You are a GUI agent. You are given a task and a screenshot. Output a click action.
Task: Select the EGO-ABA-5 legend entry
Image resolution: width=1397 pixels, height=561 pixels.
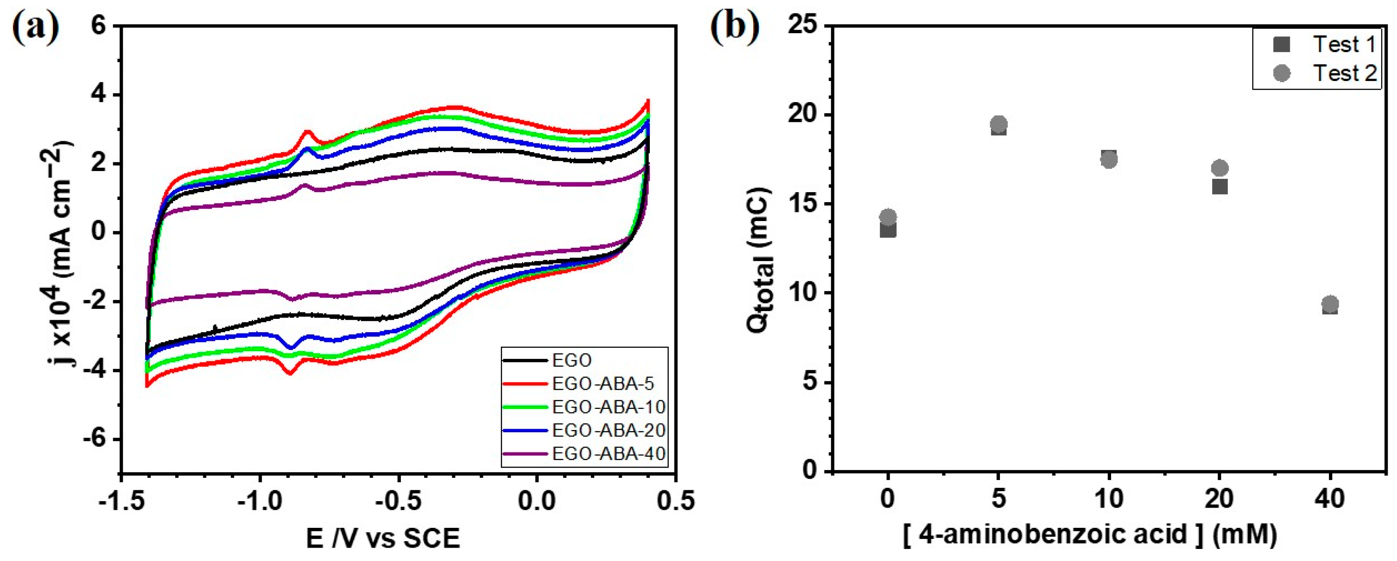602,383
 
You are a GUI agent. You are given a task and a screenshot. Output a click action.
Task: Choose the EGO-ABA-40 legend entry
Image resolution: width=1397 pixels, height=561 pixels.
607,454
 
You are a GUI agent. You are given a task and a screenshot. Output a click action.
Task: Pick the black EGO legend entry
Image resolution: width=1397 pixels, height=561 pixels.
571,360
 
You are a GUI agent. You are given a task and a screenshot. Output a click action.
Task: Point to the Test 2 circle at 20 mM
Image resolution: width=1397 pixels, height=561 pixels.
1220,168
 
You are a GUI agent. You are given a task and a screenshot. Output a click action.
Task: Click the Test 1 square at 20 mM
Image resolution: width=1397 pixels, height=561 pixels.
1220,186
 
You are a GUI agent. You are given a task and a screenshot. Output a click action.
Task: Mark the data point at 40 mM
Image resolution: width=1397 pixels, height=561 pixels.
1330,304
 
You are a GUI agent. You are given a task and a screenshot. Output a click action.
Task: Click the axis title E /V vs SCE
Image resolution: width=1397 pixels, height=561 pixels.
382,538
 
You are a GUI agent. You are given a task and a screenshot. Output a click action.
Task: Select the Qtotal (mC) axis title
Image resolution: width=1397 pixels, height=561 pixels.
758,260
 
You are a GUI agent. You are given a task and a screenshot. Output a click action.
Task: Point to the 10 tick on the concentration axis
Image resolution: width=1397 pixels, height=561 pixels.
1108,499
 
